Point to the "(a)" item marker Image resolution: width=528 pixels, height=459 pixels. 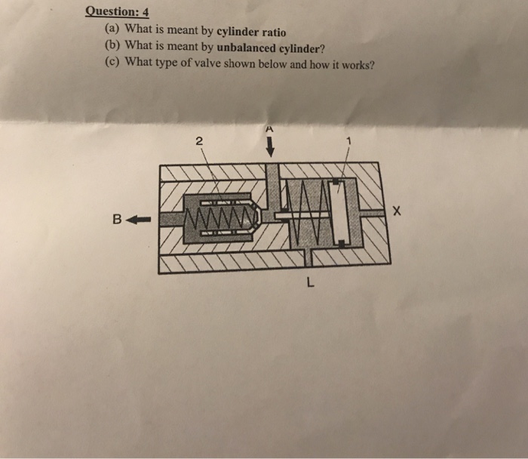tap(111, 29)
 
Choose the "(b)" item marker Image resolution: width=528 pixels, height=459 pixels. tap(112, 46)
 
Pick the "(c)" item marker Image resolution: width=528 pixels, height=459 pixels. tap(111, 63)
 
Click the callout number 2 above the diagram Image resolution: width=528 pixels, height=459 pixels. tap(198, 140)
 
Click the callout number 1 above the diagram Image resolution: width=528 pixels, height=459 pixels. tap(348, 140)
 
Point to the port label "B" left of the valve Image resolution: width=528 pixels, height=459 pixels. tap(117, 220)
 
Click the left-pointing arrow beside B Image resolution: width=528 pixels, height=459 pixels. tap(139, 220)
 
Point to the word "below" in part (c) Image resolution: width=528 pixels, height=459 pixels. tap(272, 63)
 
